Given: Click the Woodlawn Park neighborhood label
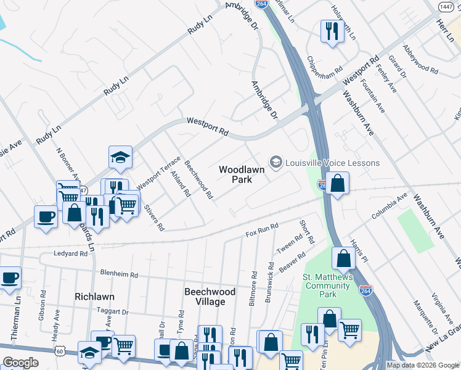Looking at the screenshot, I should (x=242, y=174).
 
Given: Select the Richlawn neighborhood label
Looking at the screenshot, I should (x=94, y=297).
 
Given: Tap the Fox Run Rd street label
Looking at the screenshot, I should (x=263, y=231).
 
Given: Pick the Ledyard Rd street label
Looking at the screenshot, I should (x=70, y=253).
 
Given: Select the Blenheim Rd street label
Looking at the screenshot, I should (x=117, y=273).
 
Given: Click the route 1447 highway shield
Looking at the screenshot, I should (x=445, y=6).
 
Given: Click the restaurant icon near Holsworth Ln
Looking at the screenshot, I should (x=332, y=31).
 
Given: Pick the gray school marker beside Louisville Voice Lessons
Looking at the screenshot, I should (x=275, y=162).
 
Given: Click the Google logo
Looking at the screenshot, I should (x=20, y=363).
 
